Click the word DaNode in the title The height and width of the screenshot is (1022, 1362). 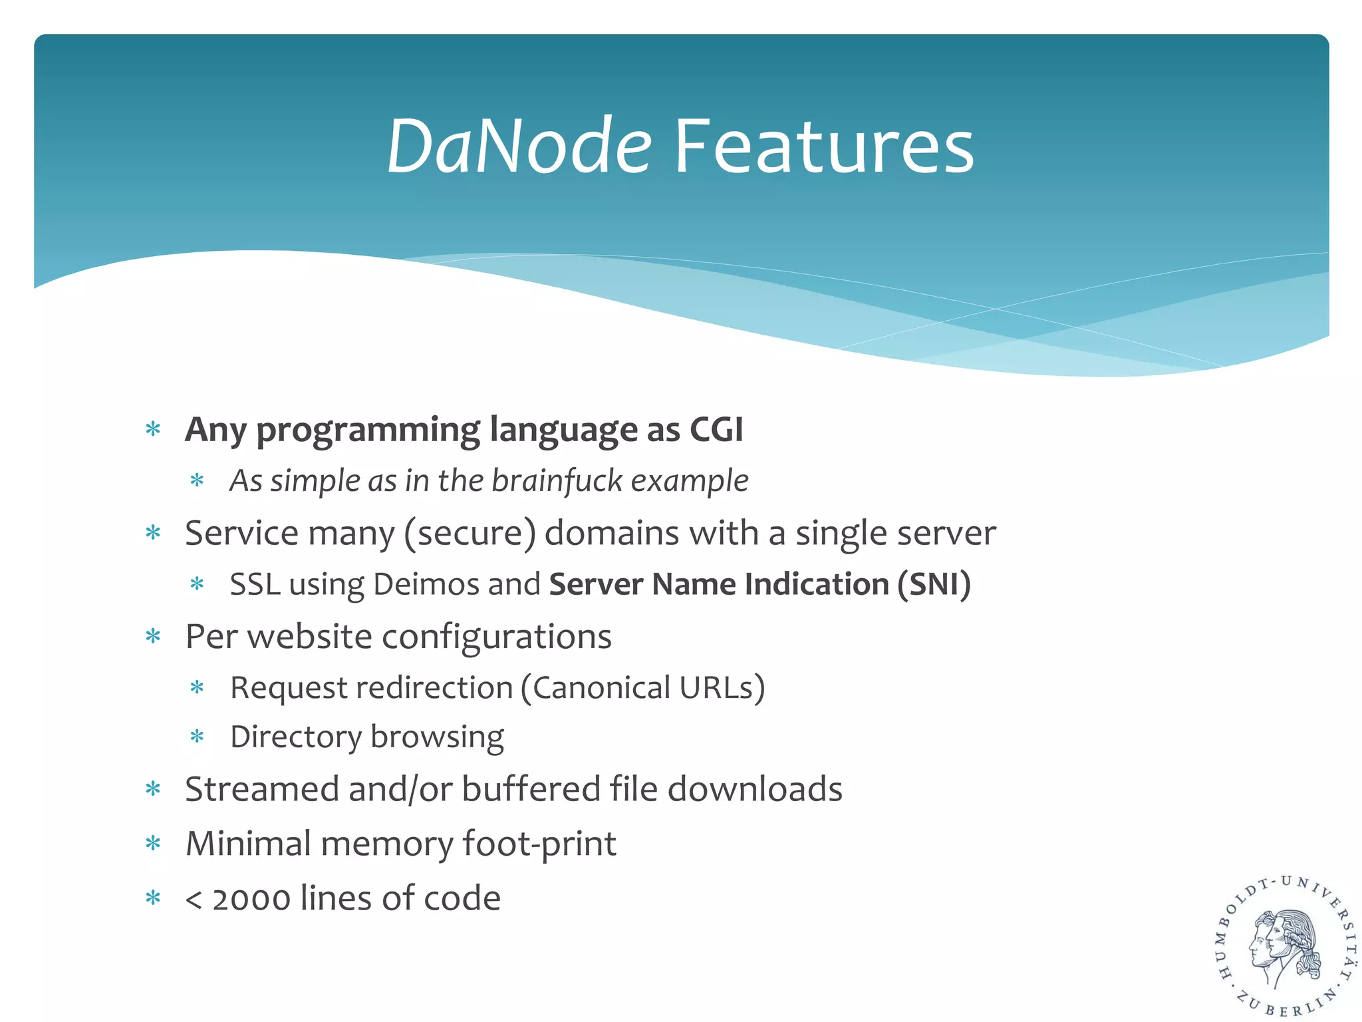(519, 146)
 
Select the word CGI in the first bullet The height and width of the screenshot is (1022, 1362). (716, 429)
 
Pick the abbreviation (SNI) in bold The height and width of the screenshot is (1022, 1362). (934, 584)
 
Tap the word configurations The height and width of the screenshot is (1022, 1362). (496, 637)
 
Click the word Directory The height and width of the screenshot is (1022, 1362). (295, 737)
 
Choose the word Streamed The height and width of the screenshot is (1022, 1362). (262, 789)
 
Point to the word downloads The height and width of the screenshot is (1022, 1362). (754, 789)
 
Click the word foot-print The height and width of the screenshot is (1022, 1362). (539, 844)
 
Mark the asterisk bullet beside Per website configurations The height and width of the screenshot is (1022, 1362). (154, 637)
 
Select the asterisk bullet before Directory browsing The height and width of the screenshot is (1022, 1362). (197, 737)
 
